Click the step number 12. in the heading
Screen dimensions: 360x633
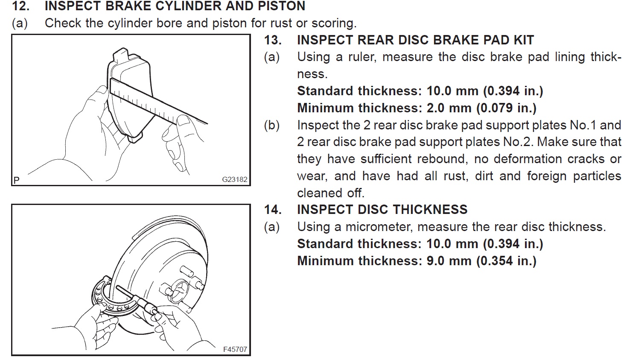click(x=20, y=6)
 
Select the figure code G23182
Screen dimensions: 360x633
click(x=234, y=179)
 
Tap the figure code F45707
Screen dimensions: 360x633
click(x=235, y=349)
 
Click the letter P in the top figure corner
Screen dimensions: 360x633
click(x=16, y=180)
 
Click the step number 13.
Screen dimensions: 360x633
click(x=273, y=40)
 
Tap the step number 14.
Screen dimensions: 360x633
click(x=273, y=210)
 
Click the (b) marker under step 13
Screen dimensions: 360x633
click(x=272, y=125)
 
